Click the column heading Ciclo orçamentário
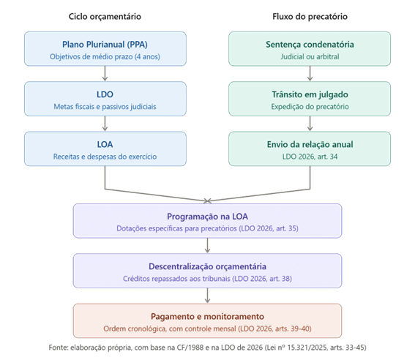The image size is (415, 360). click(105, 15)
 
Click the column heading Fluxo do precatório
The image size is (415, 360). click(310, 15)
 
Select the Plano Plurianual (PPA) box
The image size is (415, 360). click(105, 50)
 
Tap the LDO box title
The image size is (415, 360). click(105, 94)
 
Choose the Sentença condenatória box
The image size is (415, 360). click(310, 50)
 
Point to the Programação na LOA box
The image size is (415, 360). click(207, 222)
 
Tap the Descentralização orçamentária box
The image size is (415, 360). click(207, 271)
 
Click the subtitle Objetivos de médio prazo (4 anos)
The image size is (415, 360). click(105, 56)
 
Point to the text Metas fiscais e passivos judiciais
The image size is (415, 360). click(105, 107)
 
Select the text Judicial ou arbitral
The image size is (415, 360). click(310, 56)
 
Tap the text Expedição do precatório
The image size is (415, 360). click(310, 107)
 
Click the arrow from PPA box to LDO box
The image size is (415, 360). click(105, 75)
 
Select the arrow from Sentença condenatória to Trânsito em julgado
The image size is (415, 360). click(310, 75)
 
